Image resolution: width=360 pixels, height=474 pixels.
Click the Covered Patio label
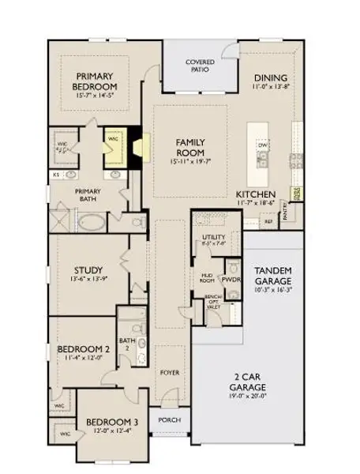click(200, 66)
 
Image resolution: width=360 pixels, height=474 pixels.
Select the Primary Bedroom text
click(96, 81)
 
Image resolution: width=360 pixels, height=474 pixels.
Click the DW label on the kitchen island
click(263, 147)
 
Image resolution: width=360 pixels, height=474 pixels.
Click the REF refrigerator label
click(268, 222)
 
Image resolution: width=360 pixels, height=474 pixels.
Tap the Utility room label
click(213, 238)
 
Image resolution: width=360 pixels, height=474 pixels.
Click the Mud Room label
click(207, 277)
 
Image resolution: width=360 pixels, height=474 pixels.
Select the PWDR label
click(231, 280)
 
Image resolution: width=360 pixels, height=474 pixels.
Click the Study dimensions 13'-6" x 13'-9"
click(84, 279)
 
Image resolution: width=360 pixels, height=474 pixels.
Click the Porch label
click(169, 420)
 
